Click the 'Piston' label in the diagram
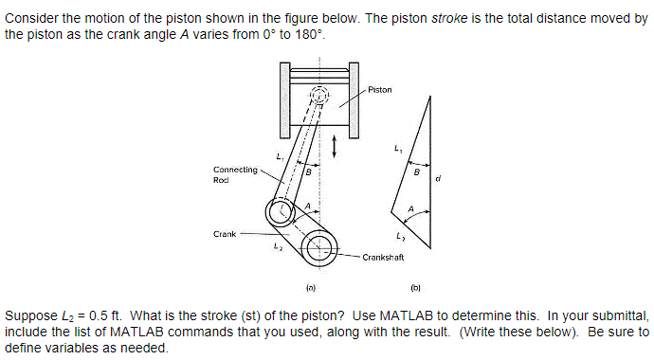[379, 90]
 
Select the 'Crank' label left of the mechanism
[225, 232]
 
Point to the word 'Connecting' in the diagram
[236, 170]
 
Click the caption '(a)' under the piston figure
[310, 284]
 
